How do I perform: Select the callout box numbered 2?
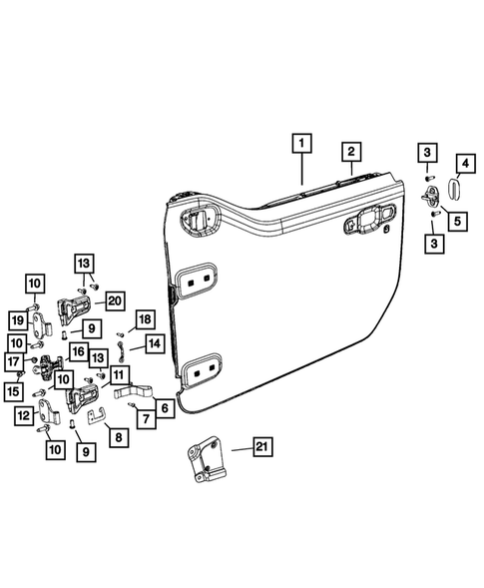coord(351,153)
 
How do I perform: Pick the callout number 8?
coord(118,436)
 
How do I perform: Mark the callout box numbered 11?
coord(119,375)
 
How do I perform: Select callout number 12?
coord(21,415)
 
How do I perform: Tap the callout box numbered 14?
coord(154,343)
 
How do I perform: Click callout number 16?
coord(77,352)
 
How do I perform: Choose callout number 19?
coord(18,319)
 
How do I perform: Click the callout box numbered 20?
coord(114,299)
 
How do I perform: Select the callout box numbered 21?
coord(261,450)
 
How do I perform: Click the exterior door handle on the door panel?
coord(368,226)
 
